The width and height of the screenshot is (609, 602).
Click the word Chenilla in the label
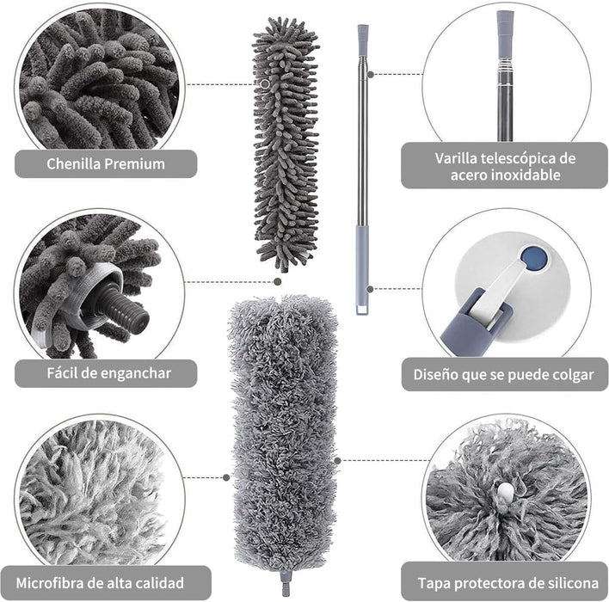tap(73, 163)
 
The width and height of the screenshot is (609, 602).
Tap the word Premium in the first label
tap(134, 164)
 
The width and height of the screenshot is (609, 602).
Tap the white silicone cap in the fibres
tap(505, 492)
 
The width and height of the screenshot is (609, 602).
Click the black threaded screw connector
tap(124, 307)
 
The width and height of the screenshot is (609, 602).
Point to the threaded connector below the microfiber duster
tap(286, 582)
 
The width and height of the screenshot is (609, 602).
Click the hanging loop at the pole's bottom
tap(361, 310)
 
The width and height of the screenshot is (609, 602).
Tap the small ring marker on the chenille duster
tap(265, 84)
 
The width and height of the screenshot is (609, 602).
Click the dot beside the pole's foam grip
tap(370, 289)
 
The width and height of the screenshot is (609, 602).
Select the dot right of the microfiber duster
tap(337, 461)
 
